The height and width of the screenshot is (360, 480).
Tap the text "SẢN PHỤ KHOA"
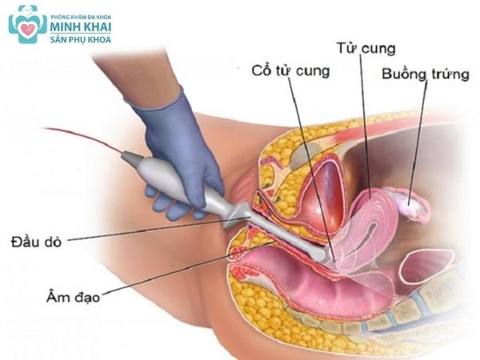click(80, 38)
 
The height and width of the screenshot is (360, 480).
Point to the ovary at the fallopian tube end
click(416, 210)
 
